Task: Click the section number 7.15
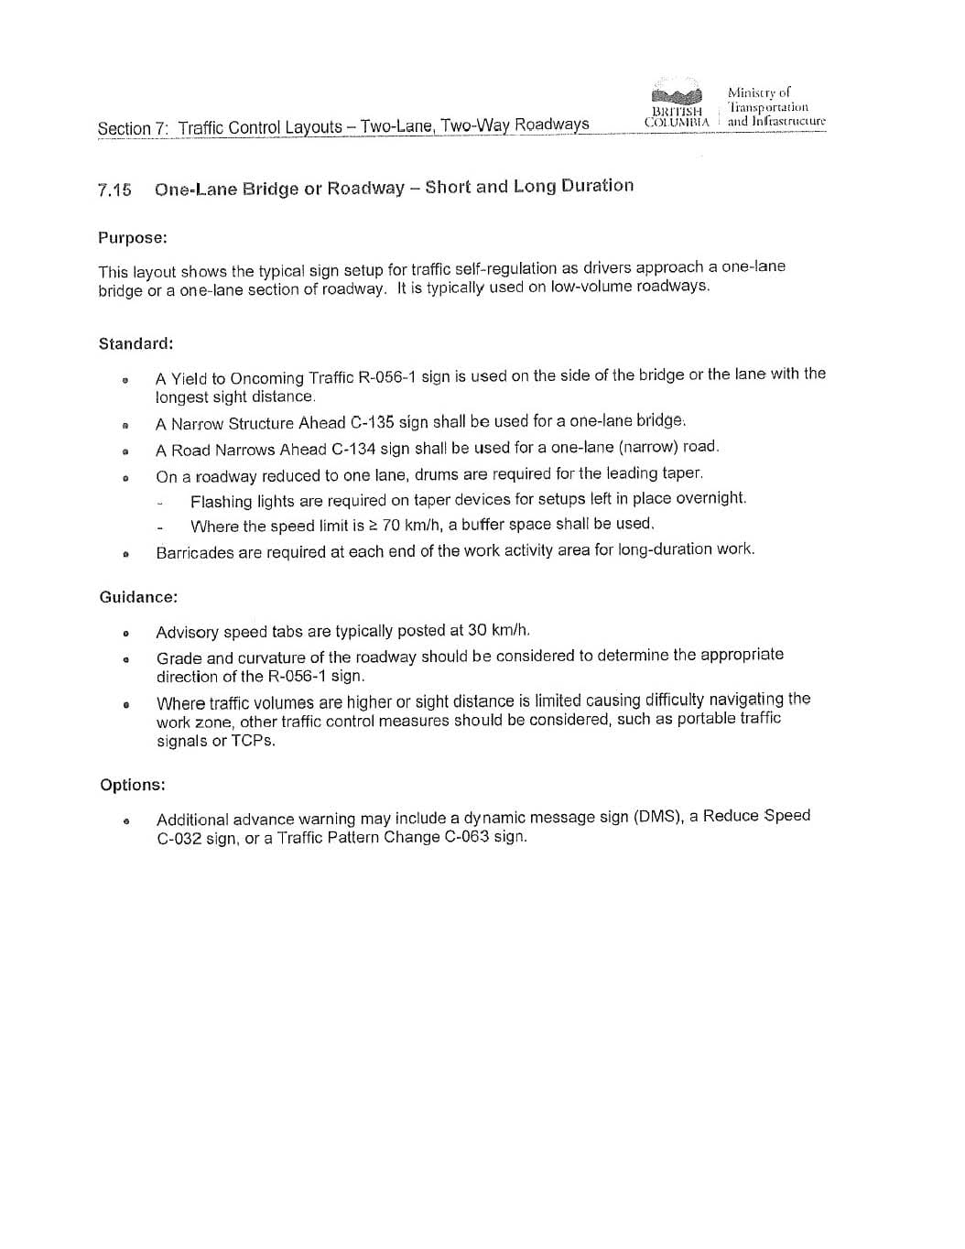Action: (114, 190)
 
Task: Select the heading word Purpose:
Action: (133, 238)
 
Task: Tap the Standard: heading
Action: (136, 344)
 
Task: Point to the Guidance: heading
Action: (138, 597)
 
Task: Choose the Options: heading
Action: (133, 785)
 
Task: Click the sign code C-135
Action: (373, 423)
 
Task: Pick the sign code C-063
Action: (467, 837)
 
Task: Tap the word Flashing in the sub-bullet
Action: (221, 501)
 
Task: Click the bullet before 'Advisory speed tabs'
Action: (125, 633)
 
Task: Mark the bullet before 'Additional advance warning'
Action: (126, 820)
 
